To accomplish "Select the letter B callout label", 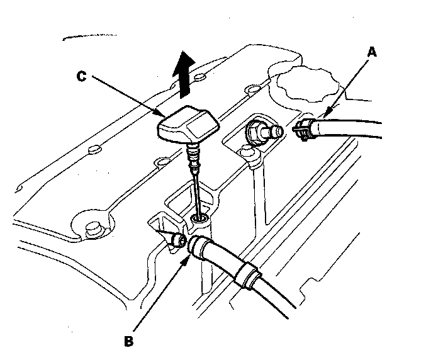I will click(x=130, y=342).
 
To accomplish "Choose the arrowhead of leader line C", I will click(x=162, y=115).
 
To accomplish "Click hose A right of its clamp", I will click(x=352, y=128).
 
